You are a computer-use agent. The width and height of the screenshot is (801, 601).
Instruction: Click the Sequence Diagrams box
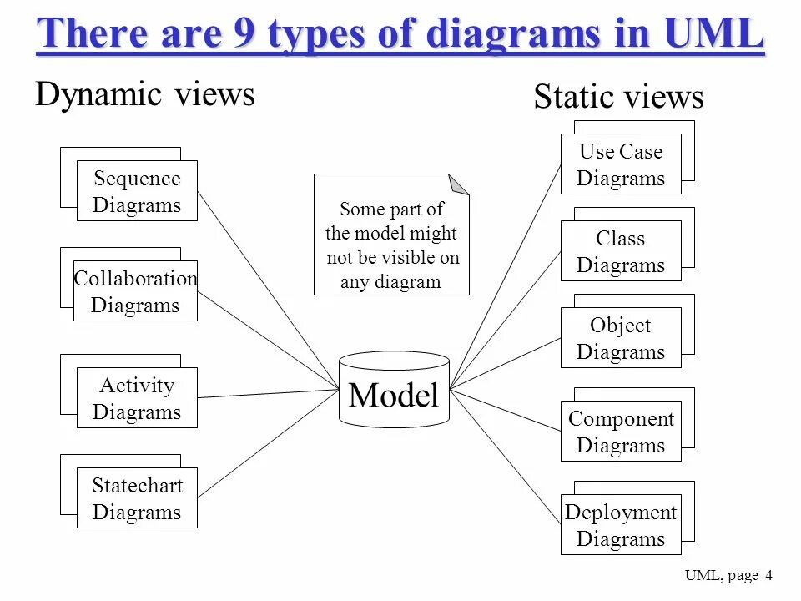[x=137, y=191]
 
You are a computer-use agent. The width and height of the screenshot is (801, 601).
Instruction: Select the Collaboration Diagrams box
[x=135, y=291]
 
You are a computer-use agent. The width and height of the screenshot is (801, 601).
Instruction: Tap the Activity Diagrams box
[x=137, y=398]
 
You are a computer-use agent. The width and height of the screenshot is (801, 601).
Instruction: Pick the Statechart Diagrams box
[x=137, y=498]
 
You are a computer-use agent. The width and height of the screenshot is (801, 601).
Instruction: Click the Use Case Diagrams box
[x=621, y=164]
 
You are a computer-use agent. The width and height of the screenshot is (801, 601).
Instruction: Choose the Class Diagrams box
[x=621, y=251]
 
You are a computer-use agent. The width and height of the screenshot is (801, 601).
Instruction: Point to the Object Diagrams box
[x=621, y=338]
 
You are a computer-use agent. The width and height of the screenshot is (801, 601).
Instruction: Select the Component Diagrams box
[x=621, y=432]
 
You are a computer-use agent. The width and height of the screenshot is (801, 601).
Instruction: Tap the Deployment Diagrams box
[x=621, y=525]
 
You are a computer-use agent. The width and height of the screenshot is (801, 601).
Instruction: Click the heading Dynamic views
[x=144, y=94]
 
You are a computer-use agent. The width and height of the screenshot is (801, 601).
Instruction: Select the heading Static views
[x=618, y=98]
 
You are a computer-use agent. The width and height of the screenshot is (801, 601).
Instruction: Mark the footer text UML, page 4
[x=728, y=575]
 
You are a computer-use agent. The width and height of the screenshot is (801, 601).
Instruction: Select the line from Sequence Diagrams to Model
[x=267, y=288]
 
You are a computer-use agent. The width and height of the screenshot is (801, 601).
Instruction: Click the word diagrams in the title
[x=511, y=34]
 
